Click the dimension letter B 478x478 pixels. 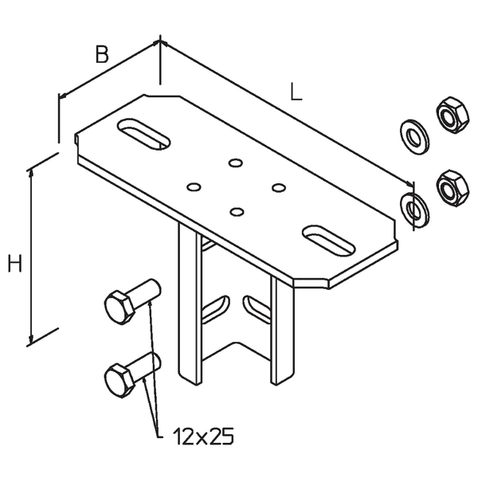pyautogui.click(x=102, y=54)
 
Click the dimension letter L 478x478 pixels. pyautogui.click(x=296, y=92)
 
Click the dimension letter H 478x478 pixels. pyautogui.click(x=14, y=263)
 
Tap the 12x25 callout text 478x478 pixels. pyautogui.click(x=203, y=436)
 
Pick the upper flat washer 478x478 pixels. pyautogui.click(x=414, y=137)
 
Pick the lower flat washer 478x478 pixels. pyautogui.click(x=414, y=209)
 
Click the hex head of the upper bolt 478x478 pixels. pyautogui.click(x=119, y=308)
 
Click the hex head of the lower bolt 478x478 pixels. pyautogui.click(x=119, y=381)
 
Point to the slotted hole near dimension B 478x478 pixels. pyautogui.click(x=143, y=135)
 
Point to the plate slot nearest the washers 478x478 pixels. pyautogui.click(x=328, y=241)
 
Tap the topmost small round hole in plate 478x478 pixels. pyautogui.click(x=236, y=163)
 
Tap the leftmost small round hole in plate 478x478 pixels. pyautogui.click(x=194, y=187)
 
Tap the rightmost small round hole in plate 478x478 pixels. pyautogui.click(x=279, y=187)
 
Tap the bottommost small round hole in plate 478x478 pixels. pyautogui.click(x=237, y=212)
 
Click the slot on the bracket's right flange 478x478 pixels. pyautogui.click(x=257, y=308)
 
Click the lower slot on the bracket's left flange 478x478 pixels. pyautogui.click(x=215, y=309)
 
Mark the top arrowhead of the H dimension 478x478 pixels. pyautogui.click(x=30, y=173)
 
